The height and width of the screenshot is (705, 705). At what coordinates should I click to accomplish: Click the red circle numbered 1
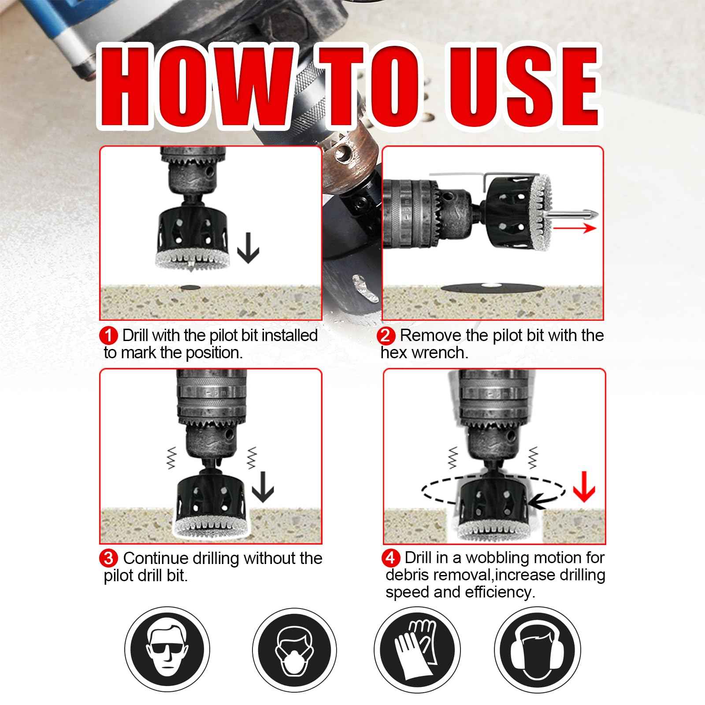tap(108, 336)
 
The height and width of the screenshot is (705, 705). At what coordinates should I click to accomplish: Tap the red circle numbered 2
tap(386, 336)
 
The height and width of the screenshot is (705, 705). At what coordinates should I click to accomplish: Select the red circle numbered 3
tap(109, 558)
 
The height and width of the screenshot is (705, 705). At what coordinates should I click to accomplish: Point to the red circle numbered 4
tap(391, 558)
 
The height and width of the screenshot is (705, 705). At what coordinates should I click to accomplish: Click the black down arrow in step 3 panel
tap(263, 486)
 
